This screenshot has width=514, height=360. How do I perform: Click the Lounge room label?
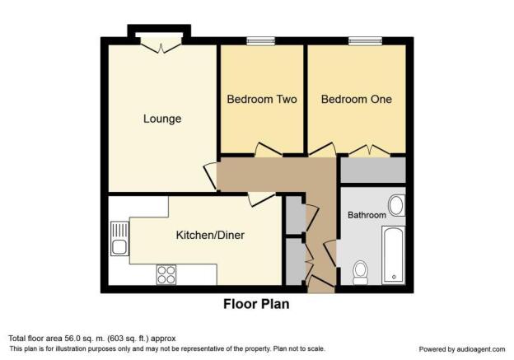pos(162,119)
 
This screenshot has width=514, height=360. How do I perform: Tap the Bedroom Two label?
pos(262,99)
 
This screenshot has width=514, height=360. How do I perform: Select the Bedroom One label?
pos(357,99)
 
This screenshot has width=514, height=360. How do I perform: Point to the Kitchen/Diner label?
pos(210,235)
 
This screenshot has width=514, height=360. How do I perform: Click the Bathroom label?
pos(367,215)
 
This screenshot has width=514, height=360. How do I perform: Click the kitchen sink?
pos(119,238)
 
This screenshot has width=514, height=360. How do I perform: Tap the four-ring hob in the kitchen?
pos(166,274)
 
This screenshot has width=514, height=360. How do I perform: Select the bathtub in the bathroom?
pos(394,255)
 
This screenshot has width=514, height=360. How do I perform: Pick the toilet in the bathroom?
pos(361,273)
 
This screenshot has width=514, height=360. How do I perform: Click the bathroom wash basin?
pos(397,206)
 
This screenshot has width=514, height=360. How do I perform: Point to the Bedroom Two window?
pos(261,40)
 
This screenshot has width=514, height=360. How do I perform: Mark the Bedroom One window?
pos(365,40)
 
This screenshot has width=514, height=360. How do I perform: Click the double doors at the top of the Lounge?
pos(161,45)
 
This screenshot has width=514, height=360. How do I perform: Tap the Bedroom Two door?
pos(269,149)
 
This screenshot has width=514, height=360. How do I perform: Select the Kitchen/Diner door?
pos(261,199)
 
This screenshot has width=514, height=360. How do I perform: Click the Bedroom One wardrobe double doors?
pos(369,151)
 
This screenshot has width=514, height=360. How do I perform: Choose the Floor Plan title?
pos(256,304)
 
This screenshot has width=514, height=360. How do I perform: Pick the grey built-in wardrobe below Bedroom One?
pos(373,170)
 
